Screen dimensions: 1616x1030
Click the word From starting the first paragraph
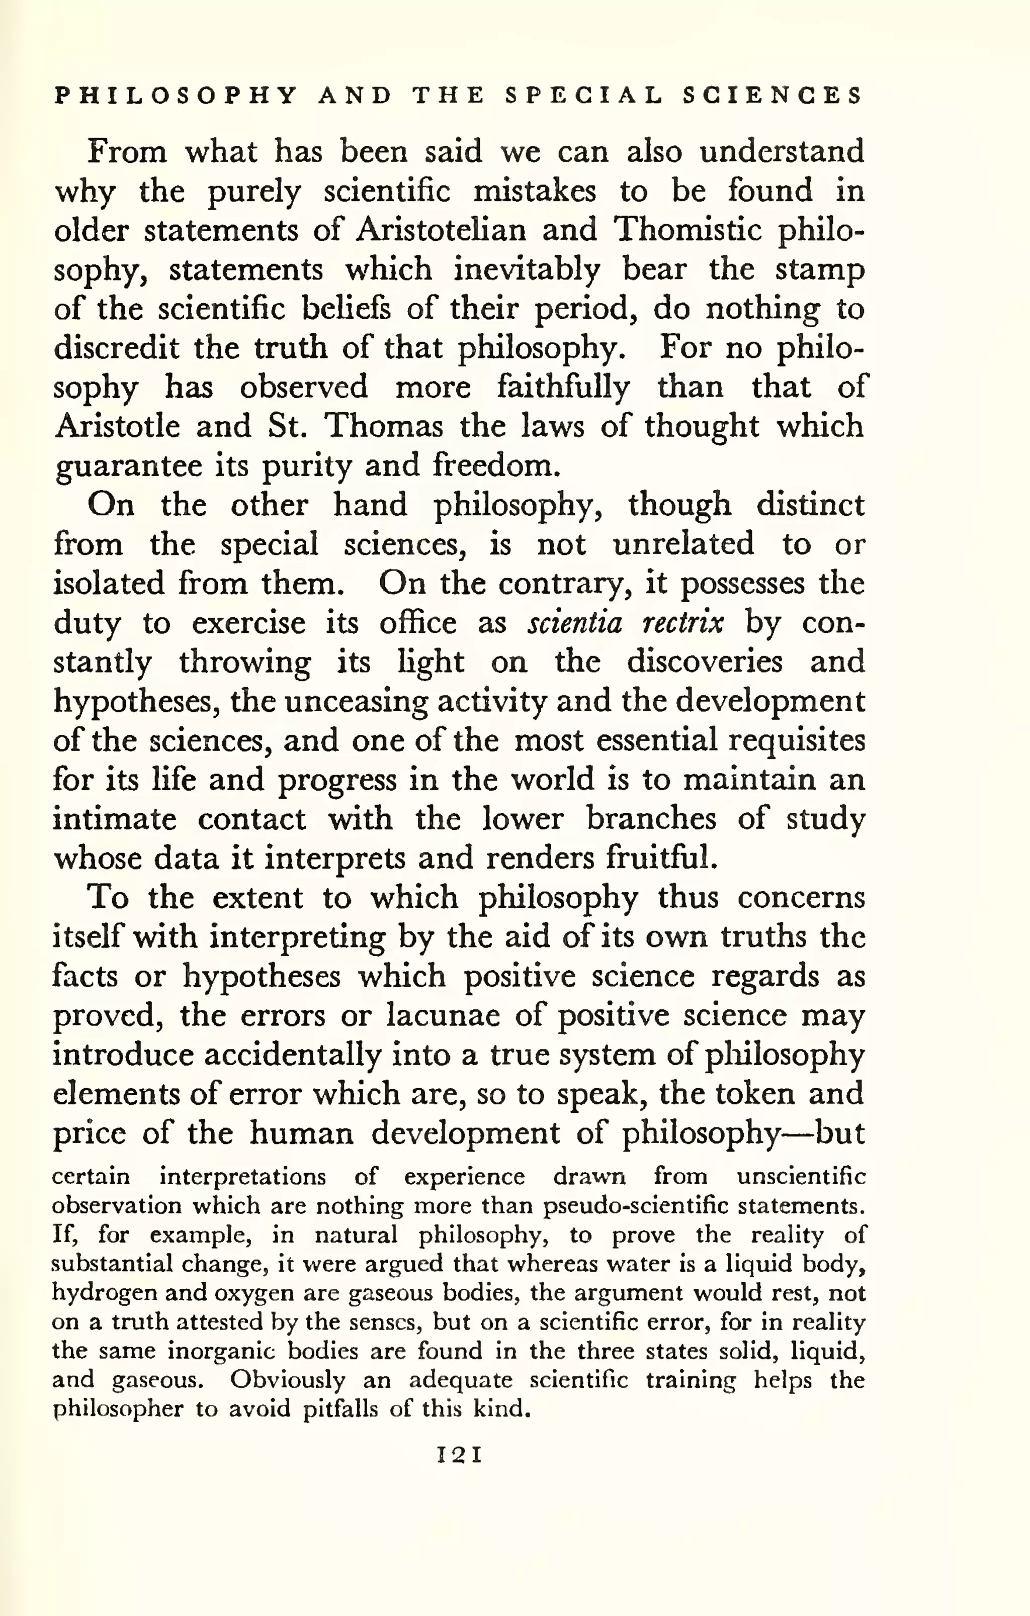127,152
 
